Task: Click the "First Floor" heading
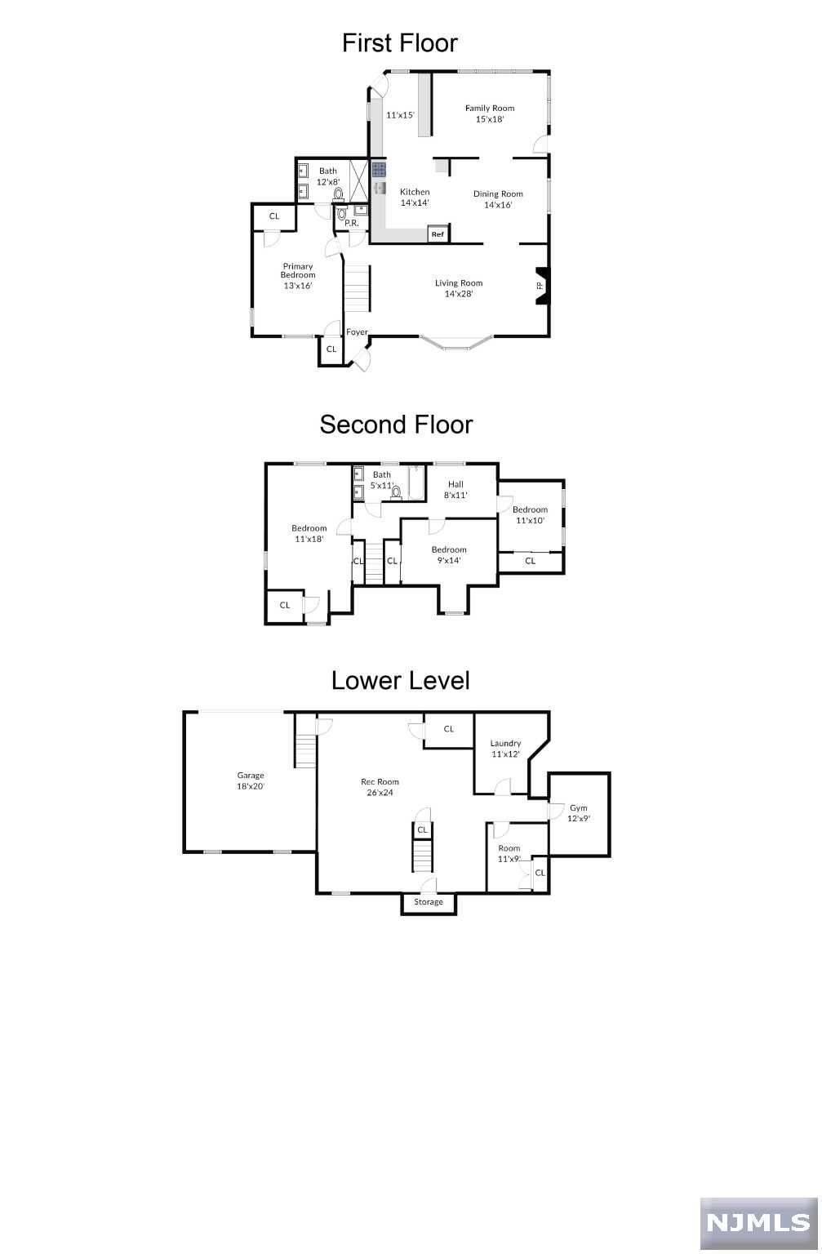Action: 399,43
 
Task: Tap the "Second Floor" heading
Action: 396,425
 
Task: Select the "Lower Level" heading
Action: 400,680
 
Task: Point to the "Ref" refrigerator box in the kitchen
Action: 438,234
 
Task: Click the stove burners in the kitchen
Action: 379,169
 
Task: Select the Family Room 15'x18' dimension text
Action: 490,119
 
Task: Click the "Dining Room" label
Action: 498,193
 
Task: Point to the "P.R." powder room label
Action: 351,223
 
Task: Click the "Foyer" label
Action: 357,332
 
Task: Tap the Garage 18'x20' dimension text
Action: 250,786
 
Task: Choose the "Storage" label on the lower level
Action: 428,901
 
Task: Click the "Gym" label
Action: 579,807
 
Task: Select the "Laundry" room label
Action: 505,744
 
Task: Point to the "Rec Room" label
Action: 380,781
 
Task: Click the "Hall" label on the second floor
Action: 455,484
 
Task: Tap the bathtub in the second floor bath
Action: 416,482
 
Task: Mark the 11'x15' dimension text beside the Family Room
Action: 400,115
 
